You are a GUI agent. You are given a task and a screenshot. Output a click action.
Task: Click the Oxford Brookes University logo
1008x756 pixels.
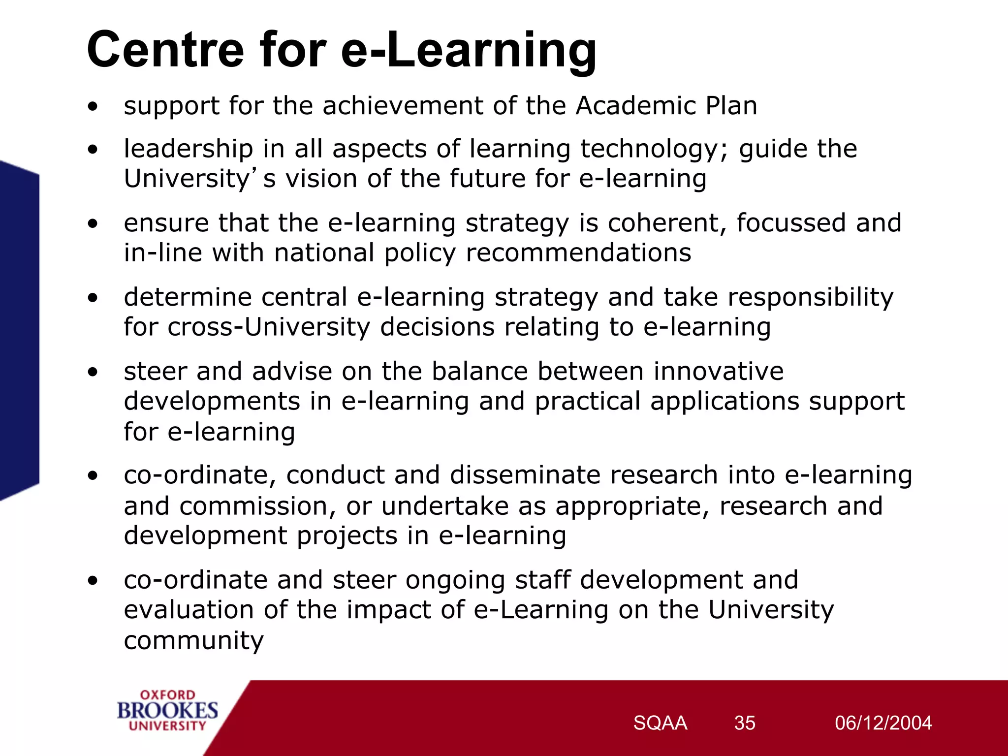click(167, 710)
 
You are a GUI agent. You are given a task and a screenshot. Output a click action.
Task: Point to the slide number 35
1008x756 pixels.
click(745, 723)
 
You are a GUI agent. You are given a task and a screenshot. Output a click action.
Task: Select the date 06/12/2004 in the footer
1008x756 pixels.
click(883, 723)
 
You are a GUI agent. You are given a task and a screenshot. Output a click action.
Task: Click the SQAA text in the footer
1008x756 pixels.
click(660, 723)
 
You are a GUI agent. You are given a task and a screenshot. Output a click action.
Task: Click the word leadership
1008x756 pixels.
click(189, 149)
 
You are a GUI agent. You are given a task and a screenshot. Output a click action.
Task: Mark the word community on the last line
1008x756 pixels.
click(193, 641)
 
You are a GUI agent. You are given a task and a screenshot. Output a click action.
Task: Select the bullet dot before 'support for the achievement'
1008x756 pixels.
click(93, 106)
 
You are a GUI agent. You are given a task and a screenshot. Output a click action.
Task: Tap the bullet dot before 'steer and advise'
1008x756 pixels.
click(93, 372)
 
